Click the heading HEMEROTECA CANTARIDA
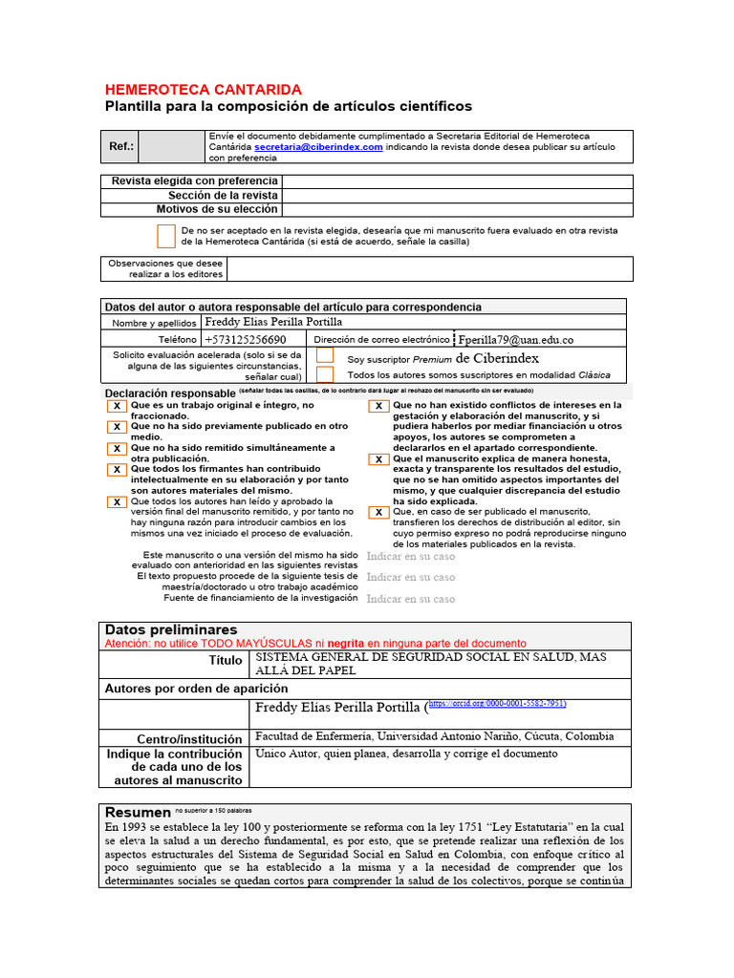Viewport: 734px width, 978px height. point(203,89)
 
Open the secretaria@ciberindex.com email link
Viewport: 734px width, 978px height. point(318,148)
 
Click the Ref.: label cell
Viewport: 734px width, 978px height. point(121,148)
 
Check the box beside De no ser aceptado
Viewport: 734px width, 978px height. point(166,236)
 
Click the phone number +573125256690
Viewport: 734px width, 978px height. point(246,340)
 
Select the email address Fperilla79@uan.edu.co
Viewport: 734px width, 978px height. point(516,340)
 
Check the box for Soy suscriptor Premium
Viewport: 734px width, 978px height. point(325,356)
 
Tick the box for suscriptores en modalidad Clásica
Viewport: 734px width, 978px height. point(325,374)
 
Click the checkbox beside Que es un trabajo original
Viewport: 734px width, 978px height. point(117,406)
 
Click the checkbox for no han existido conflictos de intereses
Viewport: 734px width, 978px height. point(378,406)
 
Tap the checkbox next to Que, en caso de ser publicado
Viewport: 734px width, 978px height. point(378,512)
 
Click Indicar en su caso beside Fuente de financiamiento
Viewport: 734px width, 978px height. point(411,599)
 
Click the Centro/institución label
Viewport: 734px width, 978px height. point(189,738)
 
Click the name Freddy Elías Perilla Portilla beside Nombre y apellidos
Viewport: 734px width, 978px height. point(273,323)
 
